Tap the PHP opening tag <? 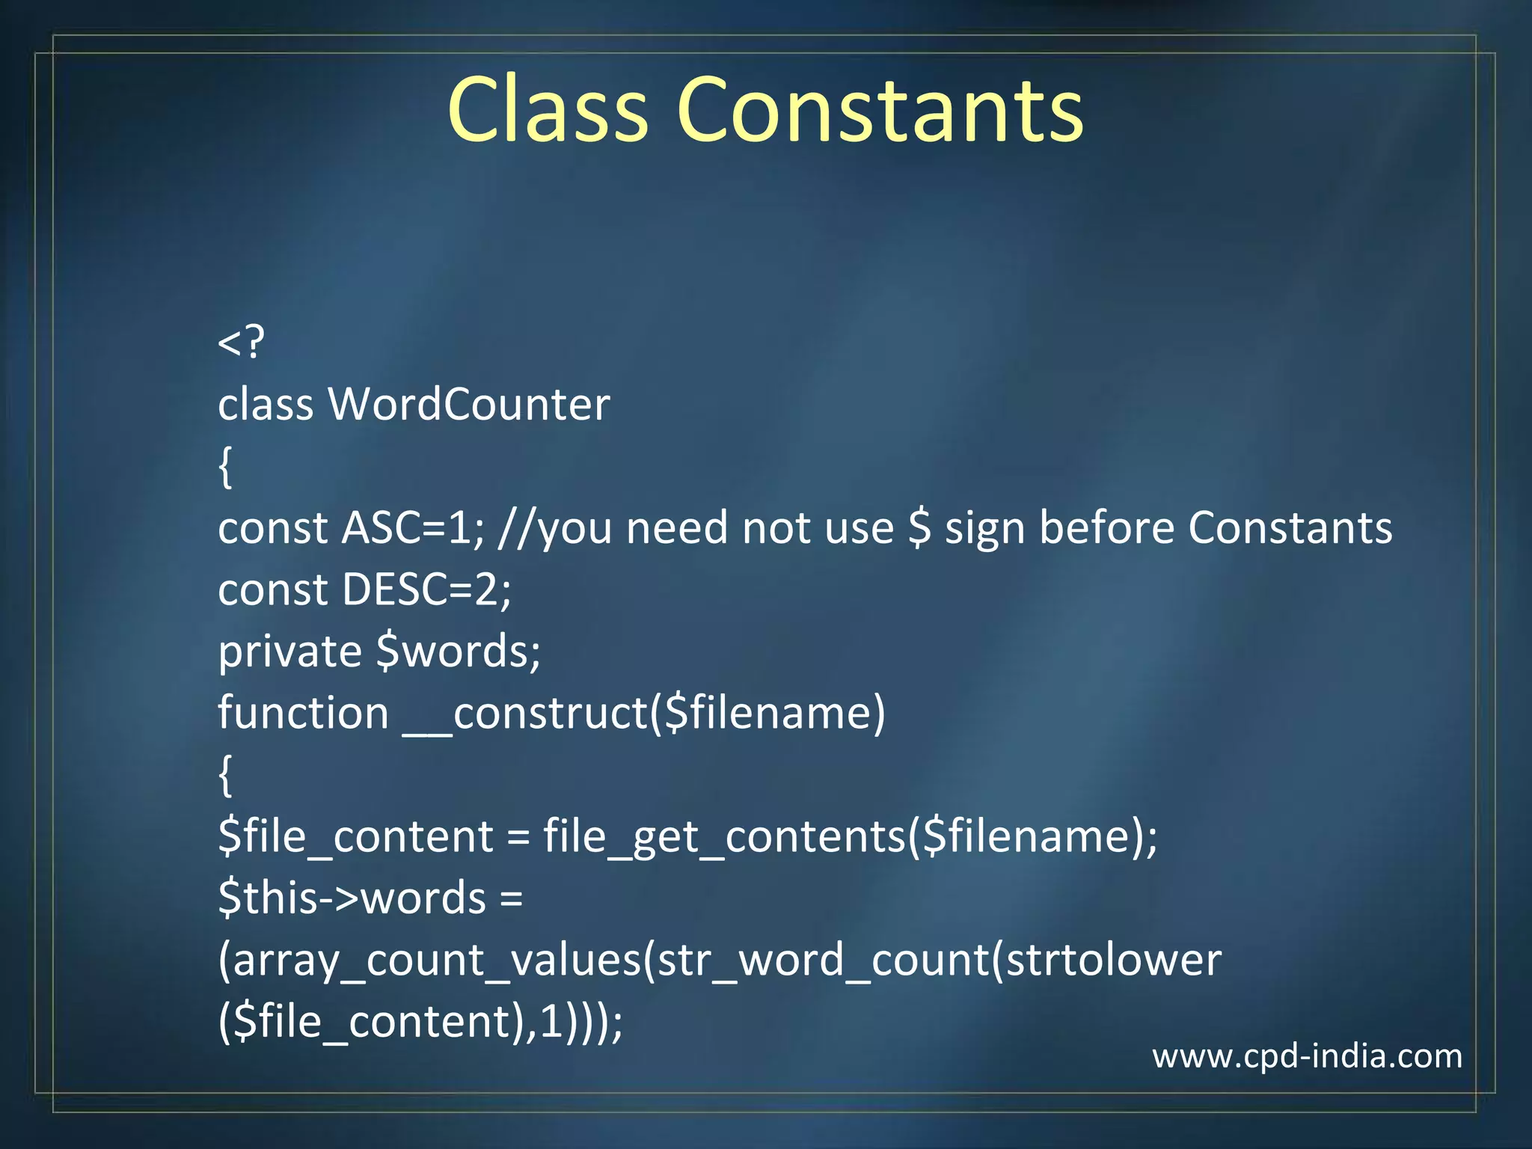(x=241, y=343)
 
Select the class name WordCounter (x=469, y=405)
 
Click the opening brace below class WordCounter (x=225, y=468)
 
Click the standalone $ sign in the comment (x=919, y=528)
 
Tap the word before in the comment (x=1106, y=528)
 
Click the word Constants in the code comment (x=1290, y=528)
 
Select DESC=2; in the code (x=426, y=589)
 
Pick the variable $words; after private (x=458, y=652)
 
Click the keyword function (x=303, y=713)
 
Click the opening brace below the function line (x=225, y=776)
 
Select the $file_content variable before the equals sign (x=355, y=836)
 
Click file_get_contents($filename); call (x=850, y=836)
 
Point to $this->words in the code (x=352, y=898)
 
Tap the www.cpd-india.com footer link (x=1307, y=1056)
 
